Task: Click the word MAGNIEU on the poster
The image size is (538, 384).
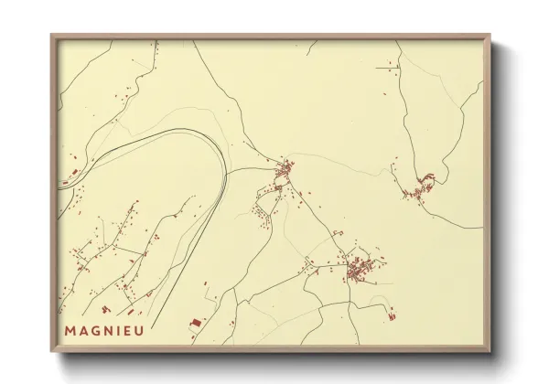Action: coord(103,330)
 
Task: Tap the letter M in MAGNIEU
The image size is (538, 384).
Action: coord(70,330)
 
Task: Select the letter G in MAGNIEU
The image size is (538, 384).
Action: coord(94,330)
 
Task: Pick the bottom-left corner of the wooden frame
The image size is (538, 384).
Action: coord(52,352)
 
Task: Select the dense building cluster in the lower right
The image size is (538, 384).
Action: coord(357,269)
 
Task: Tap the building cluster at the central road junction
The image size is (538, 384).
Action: coord(285,170)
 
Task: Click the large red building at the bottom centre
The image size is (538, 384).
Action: coord(193,323)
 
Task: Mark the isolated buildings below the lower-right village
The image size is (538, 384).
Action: coord(393,315)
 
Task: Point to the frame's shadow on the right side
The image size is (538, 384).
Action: coord(499,201)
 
